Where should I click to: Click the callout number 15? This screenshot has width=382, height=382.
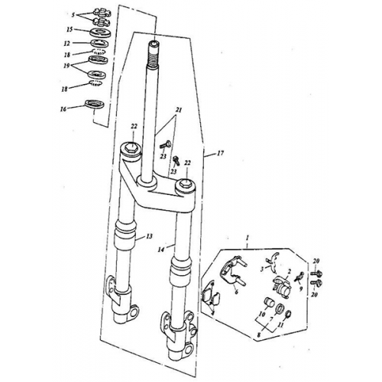click(70, 30)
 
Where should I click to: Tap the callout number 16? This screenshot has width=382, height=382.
click(63, 109)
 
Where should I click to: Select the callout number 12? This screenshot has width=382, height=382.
click(66, 44)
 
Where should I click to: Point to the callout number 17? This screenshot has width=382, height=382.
click(220, 153)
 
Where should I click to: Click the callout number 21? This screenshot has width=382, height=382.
click(179, 110)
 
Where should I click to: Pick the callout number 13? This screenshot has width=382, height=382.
click(149, 236)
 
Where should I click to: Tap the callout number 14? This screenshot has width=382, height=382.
click(161, 250)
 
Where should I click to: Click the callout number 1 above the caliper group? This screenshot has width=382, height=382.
click(247, 238)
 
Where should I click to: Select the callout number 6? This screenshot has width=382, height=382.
click(236, 292)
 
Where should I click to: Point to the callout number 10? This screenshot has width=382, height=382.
click(262, 313)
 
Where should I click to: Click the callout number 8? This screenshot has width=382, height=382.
click(259, 335)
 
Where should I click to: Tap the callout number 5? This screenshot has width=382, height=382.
click(73, 15)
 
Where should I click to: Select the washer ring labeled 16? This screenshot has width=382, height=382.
click(95, 105)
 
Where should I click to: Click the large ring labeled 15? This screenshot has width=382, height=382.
click(100, 33)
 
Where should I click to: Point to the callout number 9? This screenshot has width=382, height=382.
click(301, 289)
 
